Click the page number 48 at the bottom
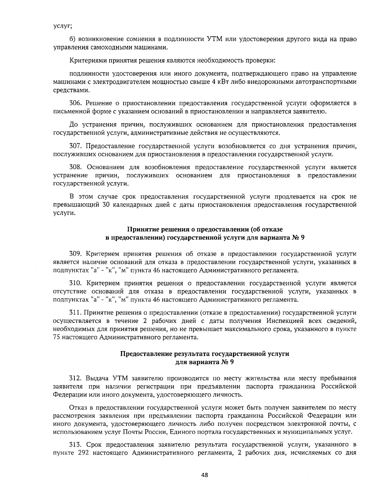point(204,475)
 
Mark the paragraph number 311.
point(76,313)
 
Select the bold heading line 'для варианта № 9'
point(204,362)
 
